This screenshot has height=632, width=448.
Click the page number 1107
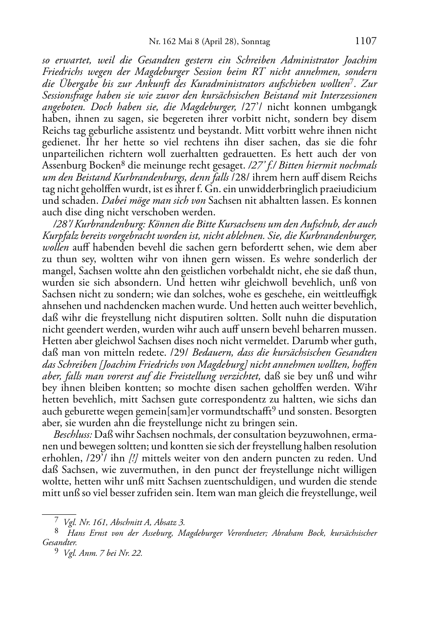(365, 41)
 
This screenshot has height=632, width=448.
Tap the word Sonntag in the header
(256, 42)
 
